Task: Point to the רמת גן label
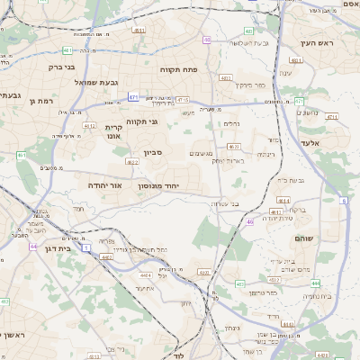coord(43,101)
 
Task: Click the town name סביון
coord(152,152)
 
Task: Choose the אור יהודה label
coord(103,184)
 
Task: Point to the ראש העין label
coord(318,43)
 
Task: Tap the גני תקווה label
coord(142,121)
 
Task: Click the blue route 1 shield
coord(85,246)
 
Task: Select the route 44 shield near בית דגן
coord(34,246)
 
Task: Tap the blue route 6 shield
coord(343,200)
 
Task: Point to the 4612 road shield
coord(90,127)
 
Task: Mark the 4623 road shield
coord(235,145)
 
